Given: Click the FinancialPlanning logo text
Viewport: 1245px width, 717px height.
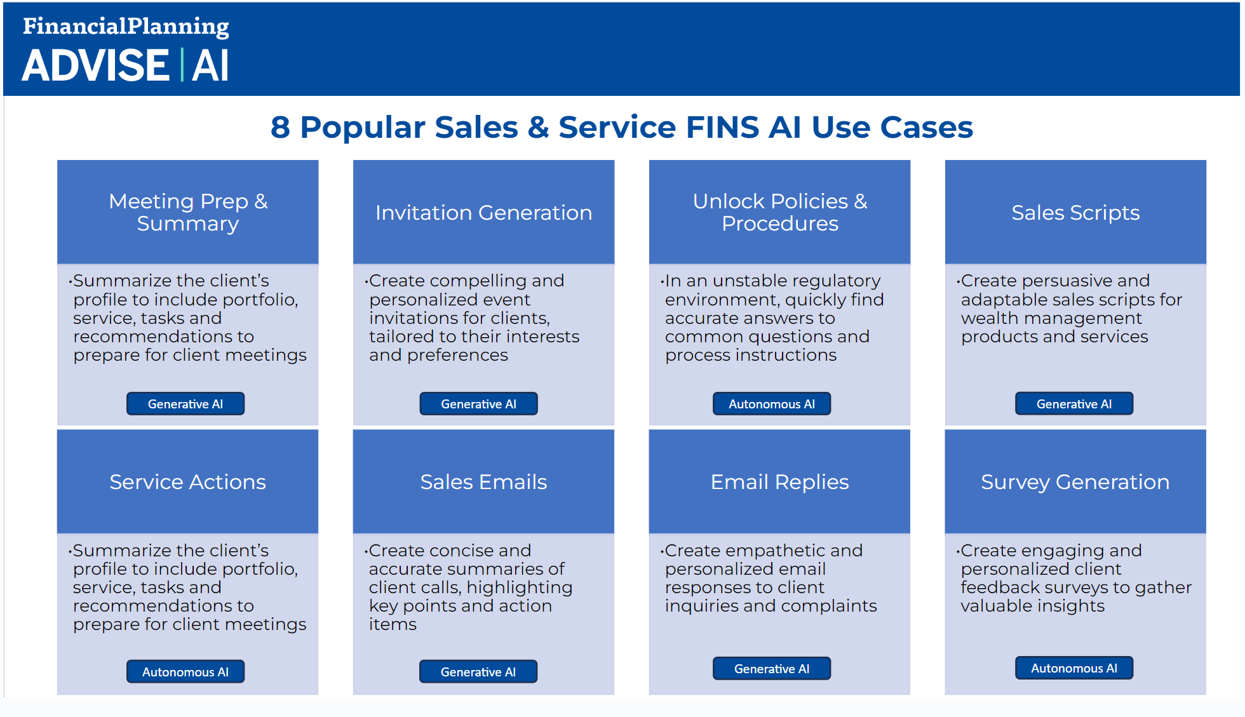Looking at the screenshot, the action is (126, 26).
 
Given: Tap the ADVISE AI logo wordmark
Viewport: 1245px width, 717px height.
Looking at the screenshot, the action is (125, 65).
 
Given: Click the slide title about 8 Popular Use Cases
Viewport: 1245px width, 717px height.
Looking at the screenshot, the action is (622, 127).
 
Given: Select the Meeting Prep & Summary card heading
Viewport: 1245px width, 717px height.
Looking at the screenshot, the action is (188, 212).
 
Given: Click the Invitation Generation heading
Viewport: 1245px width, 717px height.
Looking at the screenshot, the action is (483, 212).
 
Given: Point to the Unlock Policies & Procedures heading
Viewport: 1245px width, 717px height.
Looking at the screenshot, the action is (780, 212).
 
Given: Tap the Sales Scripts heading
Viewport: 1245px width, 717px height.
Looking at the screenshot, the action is (1075, 213).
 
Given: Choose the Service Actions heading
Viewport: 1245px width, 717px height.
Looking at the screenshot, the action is (187, 482).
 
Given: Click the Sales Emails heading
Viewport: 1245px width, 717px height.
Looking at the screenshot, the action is (483, 482).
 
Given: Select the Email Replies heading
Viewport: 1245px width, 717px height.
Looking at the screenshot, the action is (779, 483).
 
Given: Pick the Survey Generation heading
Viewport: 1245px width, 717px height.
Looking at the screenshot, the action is (1075, 483).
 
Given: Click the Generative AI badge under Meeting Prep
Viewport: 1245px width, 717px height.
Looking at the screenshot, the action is (185, 404).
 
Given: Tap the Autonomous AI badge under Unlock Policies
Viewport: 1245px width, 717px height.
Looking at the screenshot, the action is (772, 404).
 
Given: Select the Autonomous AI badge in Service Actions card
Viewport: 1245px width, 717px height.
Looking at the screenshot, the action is (185, 672).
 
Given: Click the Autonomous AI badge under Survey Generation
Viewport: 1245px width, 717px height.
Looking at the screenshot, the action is (1074, 668).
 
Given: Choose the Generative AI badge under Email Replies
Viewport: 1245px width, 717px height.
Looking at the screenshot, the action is (772, 669).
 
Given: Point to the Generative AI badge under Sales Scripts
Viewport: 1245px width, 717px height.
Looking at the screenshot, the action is (1074, 404).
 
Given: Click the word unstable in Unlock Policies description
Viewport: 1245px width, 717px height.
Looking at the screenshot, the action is (750, 281).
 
